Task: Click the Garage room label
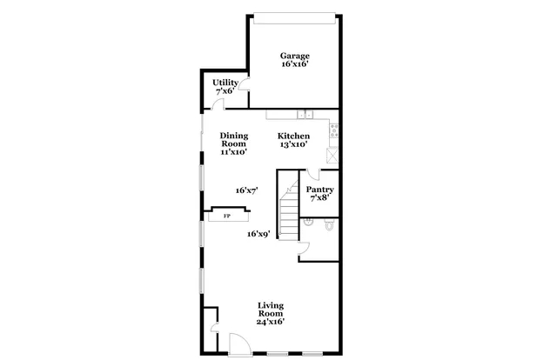click(294, 56)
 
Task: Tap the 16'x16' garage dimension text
click(294, 64)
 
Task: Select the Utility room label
click(226, 83)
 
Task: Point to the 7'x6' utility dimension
click(226, 91)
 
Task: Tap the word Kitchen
click(292, 136)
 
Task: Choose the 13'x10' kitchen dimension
click(292, 144)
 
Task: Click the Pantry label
click(320, 190)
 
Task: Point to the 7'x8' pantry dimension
click(320, 198)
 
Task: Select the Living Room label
click(271, 310)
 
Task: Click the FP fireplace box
click(227, 214)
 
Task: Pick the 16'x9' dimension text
click(258, 233)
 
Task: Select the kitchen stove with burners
click(334, 132)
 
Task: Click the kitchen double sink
click(304, 114)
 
